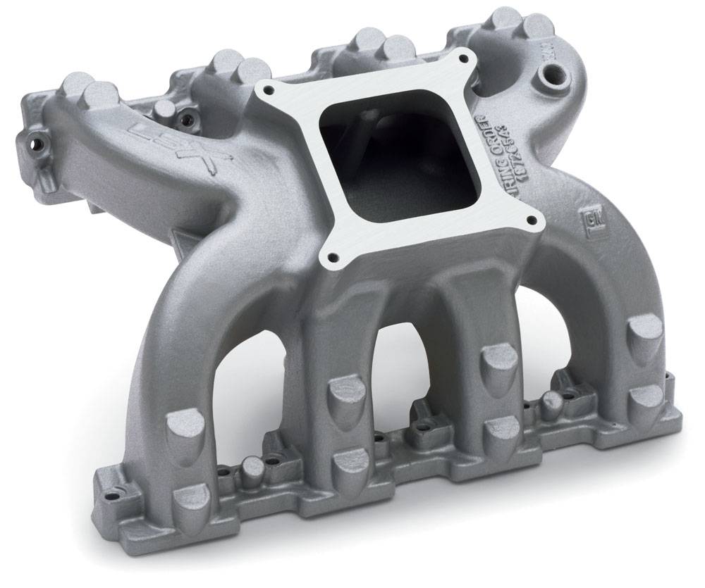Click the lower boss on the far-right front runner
pos(645,399)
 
